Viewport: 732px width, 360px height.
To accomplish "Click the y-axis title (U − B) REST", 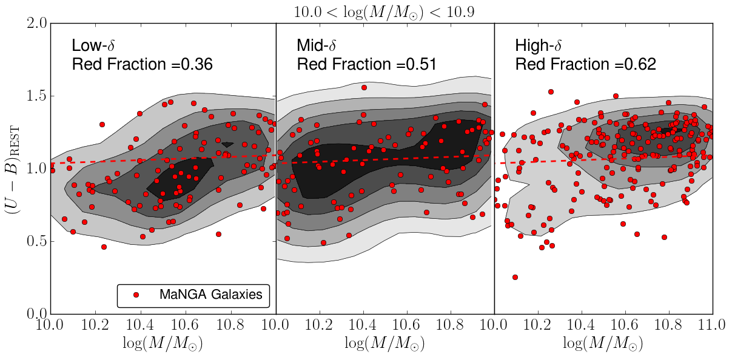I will [x=14, y=168].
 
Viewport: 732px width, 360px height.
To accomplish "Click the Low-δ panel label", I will [x=95, y=46].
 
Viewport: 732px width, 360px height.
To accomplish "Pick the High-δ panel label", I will [x=538, y=46].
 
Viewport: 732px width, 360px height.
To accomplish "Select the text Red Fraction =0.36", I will [x=142, y=64].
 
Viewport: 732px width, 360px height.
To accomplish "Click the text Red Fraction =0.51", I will [x=366, y=64].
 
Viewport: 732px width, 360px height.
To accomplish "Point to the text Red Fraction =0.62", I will [x=585, y=64].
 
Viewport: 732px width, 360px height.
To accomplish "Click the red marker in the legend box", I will [x=136, y=295].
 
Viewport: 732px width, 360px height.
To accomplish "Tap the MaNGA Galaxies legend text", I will [x=210, y=295].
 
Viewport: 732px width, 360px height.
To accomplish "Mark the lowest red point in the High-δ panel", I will [x=515, y=277].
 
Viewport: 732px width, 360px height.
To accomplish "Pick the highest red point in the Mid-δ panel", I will [x=364, y=88].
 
